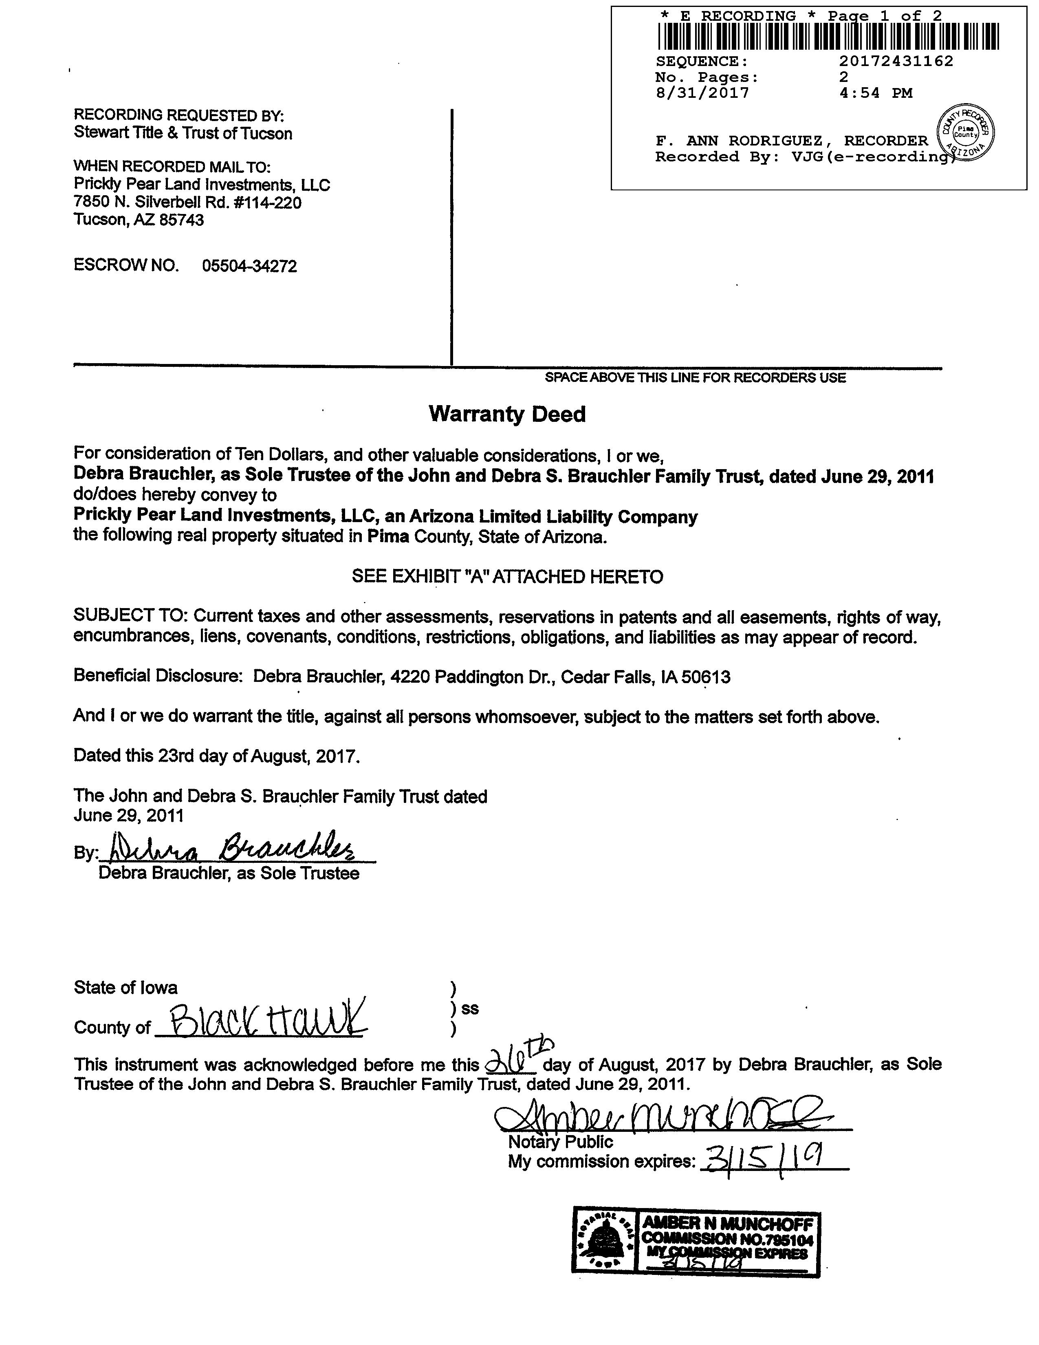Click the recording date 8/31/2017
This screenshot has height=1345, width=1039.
(x=702, y=93)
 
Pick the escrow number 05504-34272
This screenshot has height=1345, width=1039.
(x=249, y=266)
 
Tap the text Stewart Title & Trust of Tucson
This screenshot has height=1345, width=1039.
(x=183, y=133)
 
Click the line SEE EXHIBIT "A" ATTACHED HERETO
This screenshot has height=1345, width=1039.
(x=507, y=576)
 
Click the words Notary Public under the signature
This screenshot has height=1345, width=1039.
(x=560, y=1142)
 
